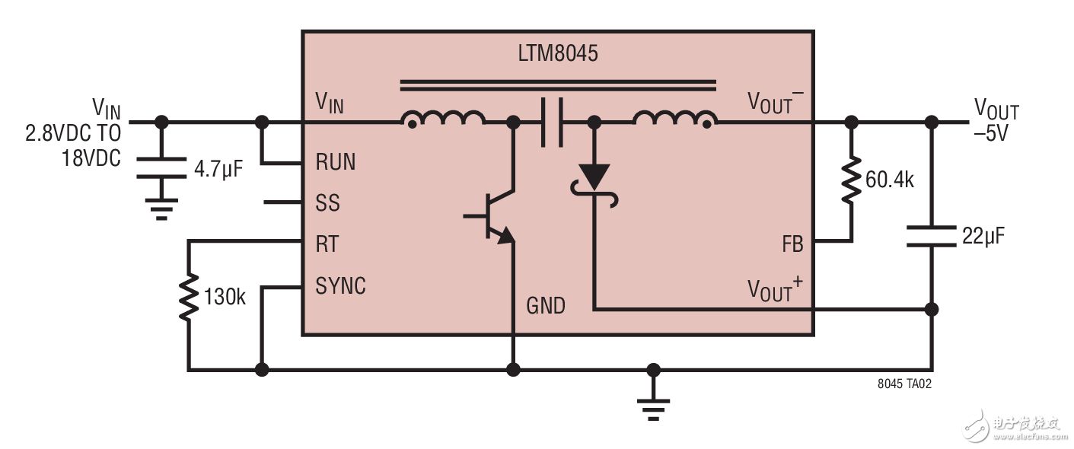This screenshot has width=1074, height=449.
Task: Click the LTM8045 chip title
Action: pyautogui.click(x=558, y=53)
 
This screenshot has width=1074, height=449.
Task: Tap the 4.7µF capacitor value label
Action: pyautogui.click(x=218, y=169)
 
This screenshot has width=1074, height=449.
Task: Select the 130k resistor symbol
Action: pyautogui.click(x=189, y=297)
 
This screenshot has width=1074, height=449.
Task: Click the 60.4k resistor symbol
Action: pyautogui.click(x=851, y=180)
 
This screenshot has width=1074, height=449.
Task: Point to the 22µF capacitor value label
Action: pyautogui.click(x=983, y=236)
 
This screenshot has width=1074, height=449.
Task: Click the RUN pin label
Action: pyautogui.click(x=336, y=162)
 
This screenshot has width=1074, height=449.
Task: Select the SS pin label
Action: pyautogui.click(x=327, y=202)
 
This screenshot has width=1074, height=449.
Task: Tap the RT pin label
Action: pyautogui.click(x=327, y=244)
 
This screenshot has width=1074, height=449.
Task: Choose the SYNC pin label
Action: pyautogui.click(x=340, y=285)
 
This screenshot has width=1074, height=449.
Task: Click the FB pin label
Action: pyautogui.click(x=792, y=244)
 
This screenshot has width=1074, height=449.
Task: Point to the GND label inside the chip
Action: pyautogui.click(x=546, y=306)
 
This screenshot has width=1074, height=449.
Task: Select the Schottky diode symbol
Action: pyautogui.click(x=594, y=184)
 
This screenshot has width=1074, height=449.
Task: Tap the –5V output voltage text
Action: pyautogui.click(x=990, y=133)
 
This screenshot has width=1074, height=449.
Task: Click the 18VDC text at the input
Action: pyautogui.click(x=91, y=158)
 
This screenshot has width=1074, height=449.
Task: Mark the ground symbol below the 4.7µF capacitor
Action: pyautogui.click(x=161, y=210)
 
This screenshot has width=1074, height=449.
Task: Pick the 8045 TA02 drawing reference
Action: pyautogui.click(x=904, y=384)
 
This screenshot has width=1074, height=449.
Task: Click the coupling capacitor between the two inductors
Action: pyautogui.click(x=552, y=123)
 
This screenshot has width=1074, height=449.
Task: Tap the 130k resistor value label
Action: pyautogui.click(x=225, y=297)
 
